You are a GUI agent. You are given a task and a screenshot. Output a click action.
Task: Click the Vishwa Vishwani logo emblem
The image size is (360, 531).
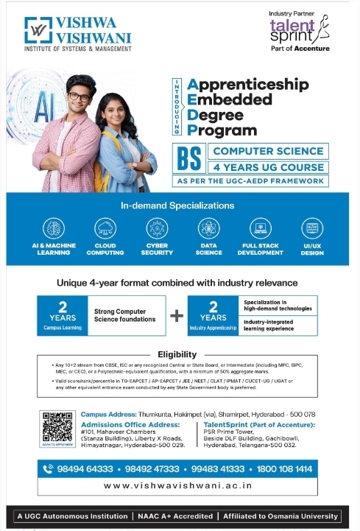[38, 30]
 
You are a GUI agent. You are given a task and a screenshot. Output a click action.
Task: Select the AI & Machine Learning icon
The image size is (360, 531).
[54, 228]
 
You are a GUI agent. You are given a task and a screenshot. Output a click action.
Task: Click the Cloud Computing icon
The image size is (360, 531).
[105, 228]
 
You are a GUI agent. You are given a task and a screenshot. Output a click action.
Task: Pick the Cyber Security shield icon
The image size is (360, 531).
[157, 228]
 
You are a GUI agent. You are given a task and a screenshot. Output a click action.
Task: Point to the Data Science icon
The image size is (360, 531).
[208, 228]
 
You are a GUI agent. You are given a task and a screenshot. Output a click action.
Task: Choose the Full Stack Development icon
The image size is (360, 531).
[261, 228]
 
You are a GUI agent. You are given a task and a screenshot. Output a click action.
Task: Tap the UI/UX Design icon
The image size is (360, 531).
[312, 228]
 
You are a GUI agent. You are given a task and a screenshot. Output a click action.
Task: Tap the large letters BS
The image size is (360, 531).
[188, 158]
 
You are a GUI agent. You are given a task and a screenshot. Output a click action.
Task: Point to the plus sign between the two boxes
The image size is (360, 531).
[177, 315]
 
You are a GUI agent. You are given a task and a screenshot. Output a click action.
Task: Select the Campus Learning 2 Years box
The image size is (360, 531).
[63, 315]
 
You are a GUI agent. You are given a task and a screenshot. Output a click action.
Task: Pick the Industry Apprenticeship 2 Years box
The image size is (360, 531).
[213, 315]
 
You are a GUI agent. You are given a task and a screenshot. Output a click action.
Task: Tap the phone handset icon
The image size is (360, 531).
[49, 468]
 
